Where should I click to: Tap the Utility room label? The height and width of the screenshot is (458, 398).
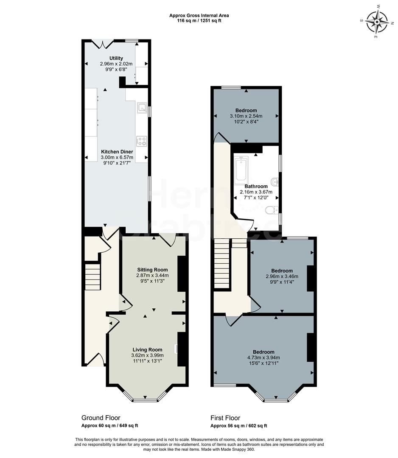coord(116,58)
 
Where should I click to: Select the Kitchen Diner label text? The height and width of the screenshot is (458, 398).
coord(117,151)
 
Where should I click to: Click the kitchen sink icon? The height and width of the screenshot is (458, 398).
coord(141,107)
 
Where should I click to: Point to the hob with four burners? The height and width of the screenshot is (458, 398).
coord(141,141)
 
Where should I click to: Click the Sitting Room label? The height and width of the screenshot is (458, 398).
coord(152,269)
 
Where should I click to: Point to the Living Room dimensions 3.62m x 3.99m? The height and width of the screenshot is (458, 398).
coord(147,355)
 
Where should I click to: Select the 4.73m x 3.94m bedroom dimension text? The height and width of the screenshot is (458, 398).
coord(263,357)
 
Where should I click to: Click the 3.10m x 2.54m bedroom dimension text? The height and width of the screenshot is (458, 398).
coord(246,116)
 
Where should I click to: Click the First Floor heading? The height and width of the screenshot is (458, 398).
coord(225,418)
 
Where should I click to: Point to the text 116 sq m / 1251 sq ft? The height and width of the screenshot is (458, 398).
coord(199,20)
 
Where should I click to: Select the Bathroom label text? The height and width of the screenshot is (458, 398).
coord(256,186)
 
